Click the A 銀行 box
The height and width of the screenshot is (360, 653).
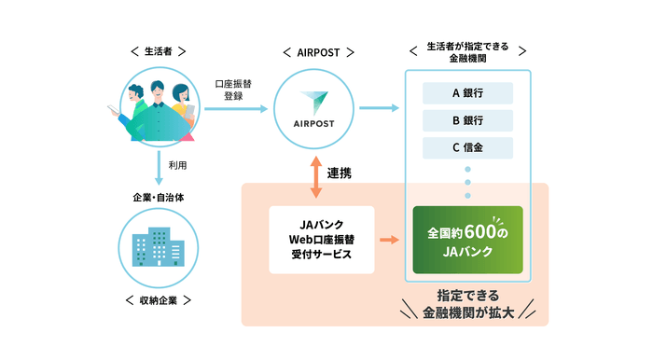[467, 92]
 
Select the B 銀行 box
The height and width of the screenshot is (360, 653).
[467, 120]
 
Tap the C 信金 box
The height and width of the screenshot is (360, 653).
[467, 148]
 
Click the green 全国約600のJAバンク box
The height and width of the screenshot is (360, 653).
[467, 240]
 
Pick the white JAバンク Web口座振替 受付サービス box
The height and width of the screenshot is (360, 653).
[321, 240]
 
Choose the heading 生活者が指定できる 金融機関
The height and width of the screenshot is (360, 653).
[467, 50]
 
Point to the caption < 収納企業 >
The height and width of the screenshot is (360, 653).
[159, 299]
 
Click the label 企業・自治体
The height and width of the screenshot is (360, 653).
[159, 198]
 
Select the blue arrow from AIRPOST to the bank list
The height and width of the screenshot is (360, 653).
[376, 110]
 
